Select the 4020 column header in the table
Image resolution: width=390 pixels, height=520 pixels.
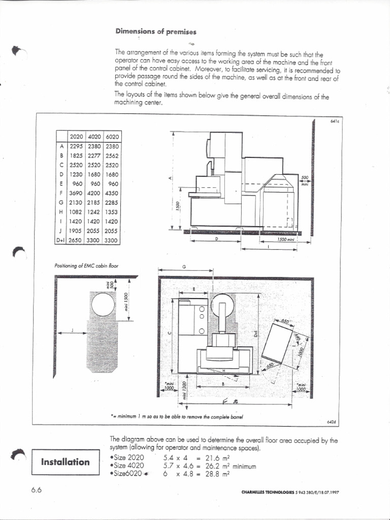coord(94,137)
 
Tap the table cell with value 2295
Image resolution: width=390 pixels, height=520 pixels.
coord(76,146)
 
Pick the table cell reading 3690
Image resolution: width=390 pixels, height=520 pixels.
coord(76,193)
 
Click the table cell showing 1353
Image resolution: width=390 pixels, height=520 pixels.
coord(111,212)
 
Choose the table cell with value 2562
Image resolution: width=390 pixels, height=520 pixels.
coord(111,156)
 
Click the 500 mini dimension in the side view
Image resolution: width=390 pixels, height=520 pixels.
coord(305,179)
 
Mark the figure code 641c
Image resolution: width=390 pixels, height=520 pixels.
coord(333,121)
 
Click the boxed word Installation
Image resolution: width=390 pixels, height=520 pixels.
coord(65,462)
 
